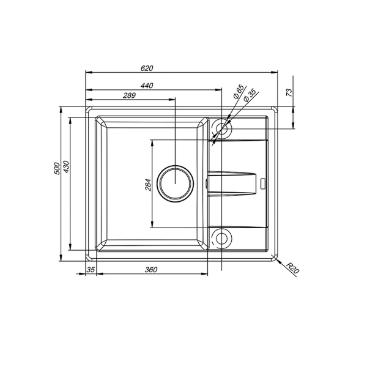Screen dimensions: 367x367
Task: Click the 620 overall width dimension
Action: (x=147, y=68)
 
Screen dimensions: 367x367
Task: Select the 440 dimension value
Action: (x=147, y=86)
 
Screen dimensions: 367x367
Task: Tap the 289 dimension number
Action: (x=129, y=95)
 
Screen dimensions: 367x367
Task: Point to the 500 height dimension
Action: (x=57, y=168)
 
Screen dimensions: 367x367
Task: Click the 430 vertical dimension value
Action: (x=67, y=166)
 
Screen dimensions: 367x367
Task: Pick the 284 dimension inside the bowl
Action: (x=148, y=185)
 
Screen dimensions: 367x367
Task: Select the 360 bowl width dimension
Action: (x=151, y=270)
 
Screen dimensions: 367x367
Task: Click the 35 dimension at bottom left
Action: (x=91, y=270)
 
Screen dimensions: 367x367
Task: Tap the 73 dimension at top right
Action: (x=289, y=92)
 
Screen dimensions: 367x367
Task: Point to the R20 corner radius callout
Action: (x=292, y=269)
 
